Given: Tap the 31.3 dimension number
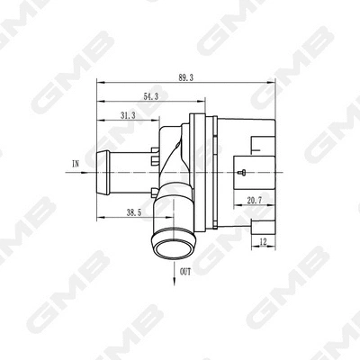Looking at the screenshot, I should pyautogui.click(x=126, y=114).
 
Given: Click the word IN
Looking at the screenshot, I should pyautogui.click(x=76, y=164).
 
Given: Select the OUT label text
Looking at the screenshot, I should pyautogui.click(x=184, y=270).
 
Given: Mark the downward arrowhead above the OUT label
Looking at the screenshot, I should pyautogui.click(x=172, y=263).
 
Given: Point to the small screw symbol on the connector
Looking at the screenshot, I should pyautogui.click(x=241, y=171).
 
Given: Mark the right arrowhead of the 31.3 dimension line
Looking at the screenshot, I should pyautogui.click(x=159, y=121).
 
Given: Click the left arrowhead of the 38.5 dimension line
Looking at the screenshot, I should pyautogui.click(x=99, y=216).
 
